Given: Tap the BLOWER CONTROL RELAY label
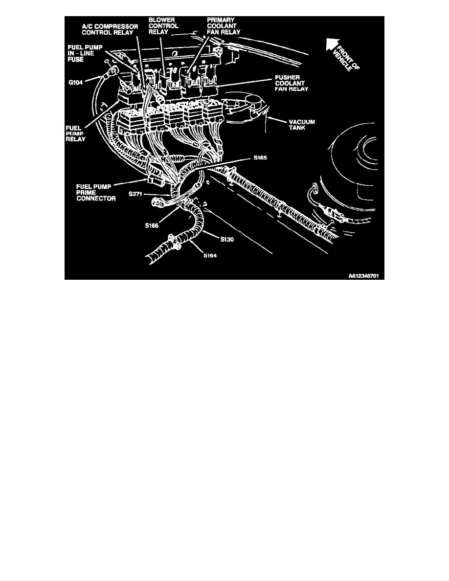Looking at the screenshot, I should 163,26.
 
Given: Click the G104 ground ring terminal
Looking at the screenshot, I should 111,73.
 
